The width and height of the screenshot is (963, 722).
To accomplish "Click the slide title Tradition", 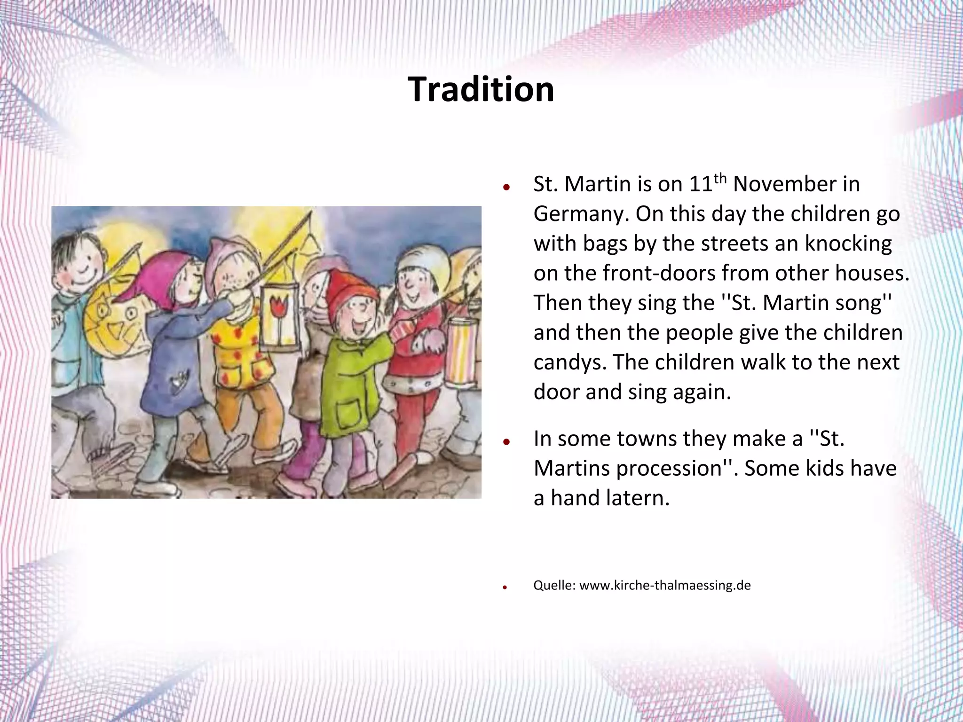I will (x=481, y=89).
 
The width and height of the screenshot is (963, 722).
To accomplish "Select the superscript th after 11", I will (x=720, y=178).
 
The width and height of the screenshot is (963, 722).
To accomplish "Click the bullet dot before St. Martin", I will (x=506, y=187).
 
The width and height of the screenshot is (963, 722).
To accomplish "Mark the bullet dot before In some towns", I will (x=506, y=442).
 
